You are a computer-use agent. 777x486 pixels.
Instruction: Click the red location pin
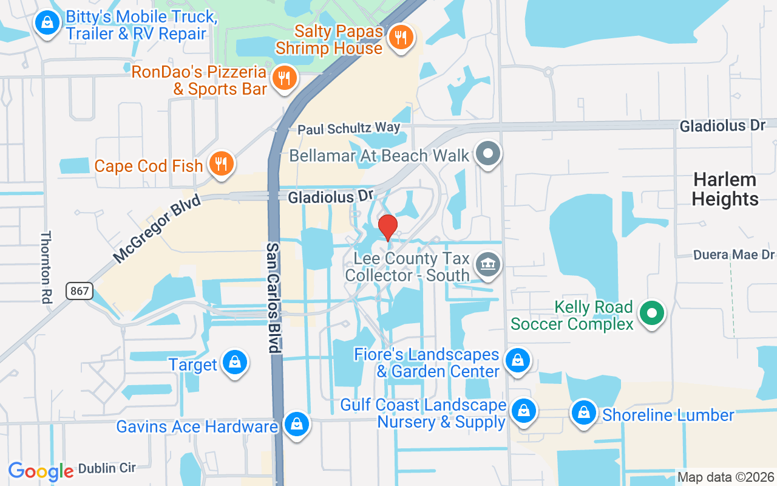tap(388, 228)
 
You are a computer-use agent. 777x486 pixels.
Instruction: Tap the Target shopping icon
tap(234, 363)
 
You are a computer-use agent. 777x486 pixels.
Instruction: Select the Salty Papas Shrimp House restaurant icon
tap(400, 38)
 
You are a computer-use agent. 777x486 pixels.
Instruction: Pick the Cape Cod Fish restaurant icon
tap(222, 163)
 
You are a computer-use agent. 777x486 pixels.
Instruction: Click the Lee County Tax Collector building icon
tap(487, 265)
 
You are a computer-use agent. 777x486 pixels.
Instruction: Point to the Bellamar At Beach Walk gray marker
tap(487, 153)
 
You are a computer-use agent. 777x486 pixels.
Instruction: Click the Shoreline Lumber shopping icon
tap(584, 413)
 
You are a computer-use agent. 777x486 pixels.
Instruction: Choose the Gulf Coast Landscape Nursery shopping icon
tap(523, 412)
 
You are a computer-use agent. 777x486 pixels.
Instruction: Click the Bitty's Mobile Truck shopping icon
tap(47, 24)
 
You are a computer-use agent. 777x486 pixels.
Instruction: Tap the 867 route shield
tap(80, 291)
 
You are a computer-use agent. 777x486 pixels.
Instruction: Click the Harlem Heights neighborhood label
tap(725, 189)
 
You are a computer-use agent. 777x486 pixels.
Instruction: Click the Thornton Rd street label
tap(46, 267)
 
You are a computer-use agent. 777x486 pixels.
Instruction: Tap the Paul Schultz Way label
tap(348, 129)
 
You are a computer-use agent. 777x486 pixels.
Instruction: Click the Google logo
tap(41, 471)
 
